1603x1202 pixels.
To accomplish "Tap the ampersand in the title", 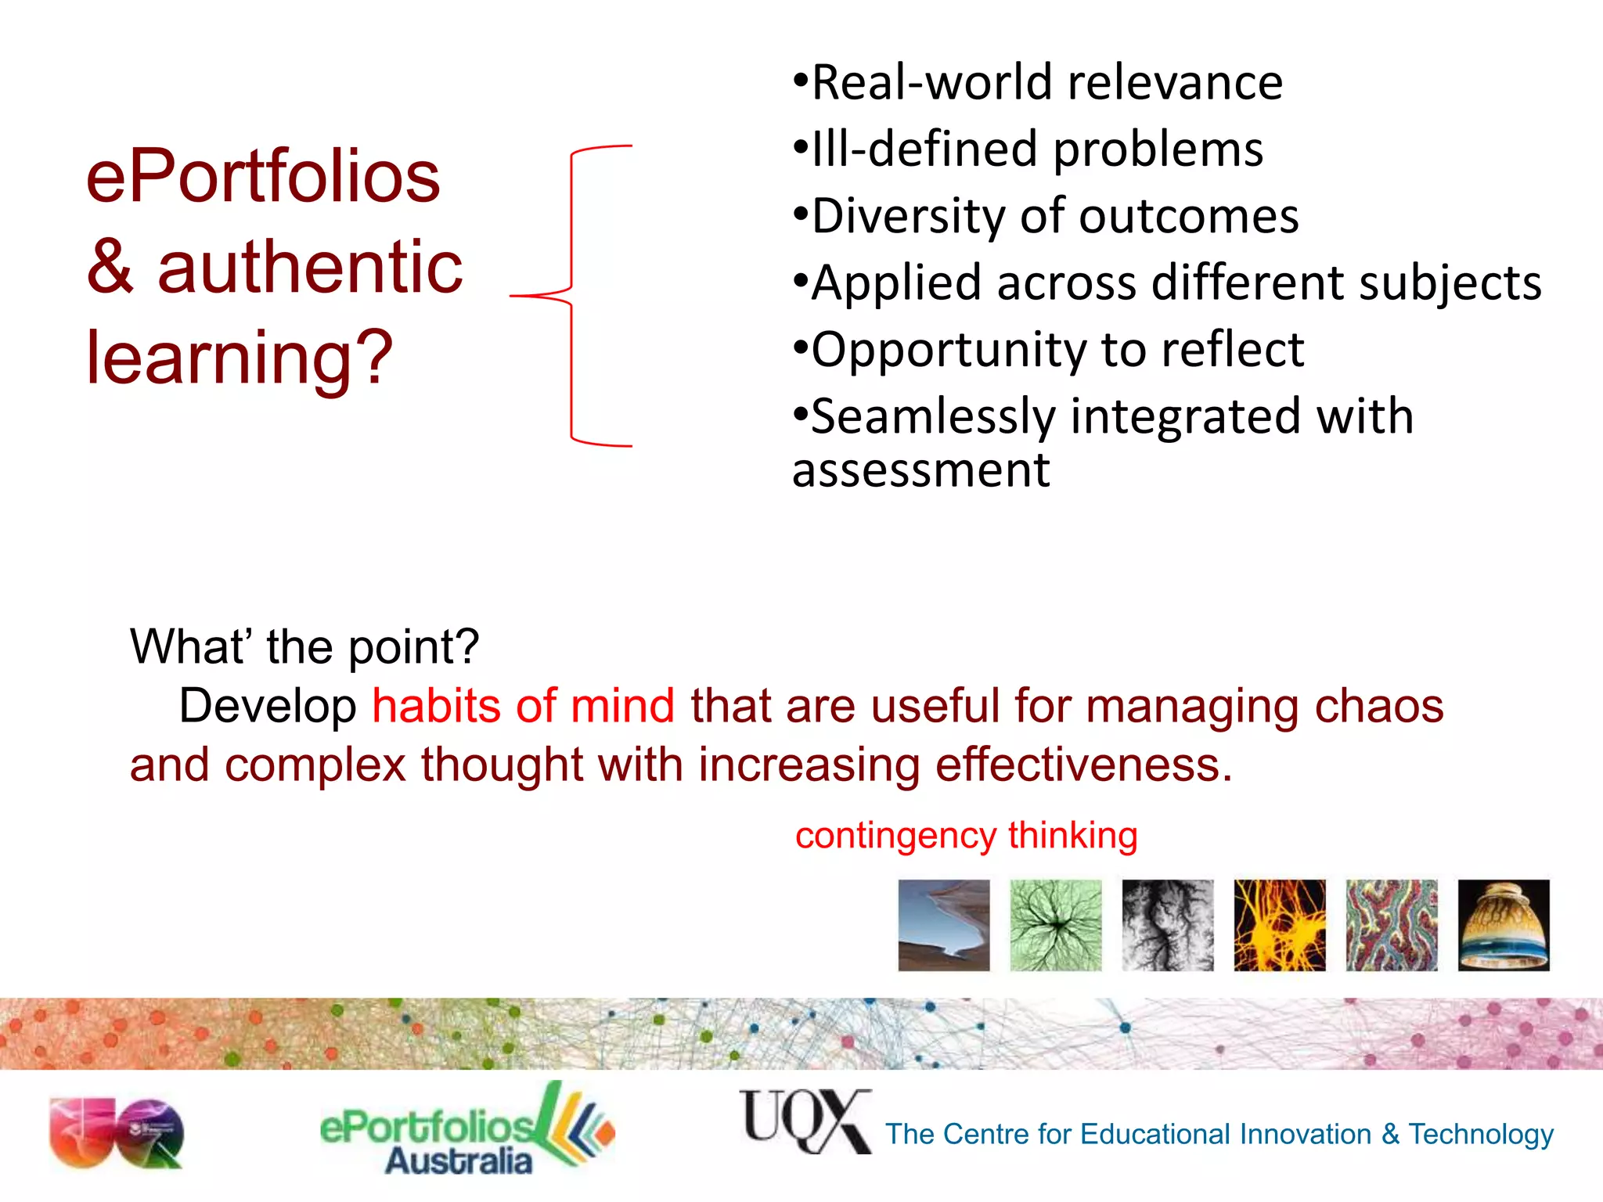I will [x=110, y=268].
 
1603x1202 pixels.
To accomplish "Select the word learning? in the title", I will [x=239, y=358].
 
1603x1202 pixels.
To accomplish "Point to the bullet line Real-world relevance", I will [x=1038, y=83].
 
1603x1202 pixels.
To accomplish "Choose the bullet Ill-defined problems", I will [x=1028, y=149].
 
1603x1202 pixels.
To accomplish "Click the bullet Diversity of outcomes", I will [x=1046, y=216].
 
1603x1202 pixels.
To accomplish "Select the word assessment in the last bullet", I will [x=920, y=470].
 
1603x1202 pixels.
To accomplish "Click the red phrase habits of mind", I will [x=523, y=706].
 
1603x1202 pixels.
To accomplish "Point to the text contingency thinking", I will [x=966, y=836].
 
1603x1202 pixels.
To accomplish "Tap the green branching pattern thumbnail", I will [x=1055, y=925].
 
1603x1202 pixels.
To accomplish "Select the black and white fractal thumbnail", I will [x=1167, y=925].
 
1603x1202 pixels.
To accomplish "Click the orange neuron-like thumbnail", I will [x=1279, y=925].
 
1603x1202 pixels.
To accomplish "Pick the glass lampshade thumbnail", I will [x=1503, y=925].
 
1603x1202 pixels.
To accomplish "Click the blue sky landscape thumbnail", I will [x=943, y=925].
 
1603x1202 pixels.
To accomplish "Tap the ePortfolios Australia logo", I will [x=466, y=1132].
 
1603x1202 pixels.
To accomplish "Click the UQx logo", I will [x=805, y=1121].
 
